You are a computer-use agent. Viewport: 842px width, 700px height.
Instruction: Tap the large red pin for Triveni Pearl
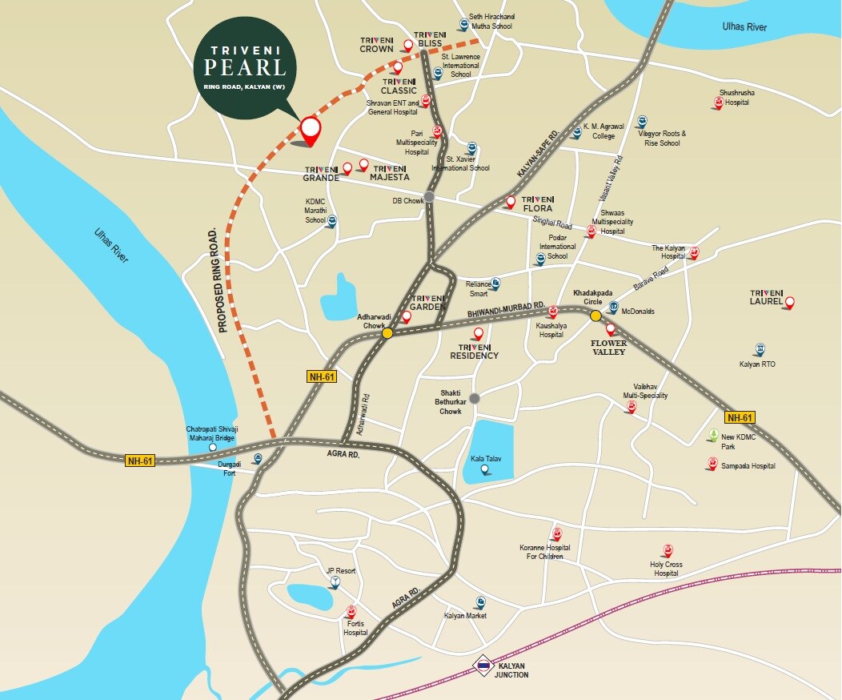tap(310, 130)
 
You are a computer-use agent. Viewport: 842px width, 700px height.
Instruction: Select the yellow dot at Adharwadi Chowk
tap(387, 333)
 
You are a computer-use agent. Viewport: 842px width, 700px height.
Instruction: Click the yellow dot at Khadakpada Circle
tap(595, 316)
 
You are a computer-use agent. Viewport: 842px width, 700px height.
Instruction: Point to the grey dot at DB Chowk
tap(429, 196)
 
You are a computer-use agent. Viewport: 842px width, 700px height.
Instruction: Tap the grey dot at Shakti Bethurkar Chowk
tap(475, 398)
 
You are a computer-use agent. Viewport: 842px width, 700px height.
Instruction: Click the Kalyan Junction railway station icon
tap(483, 665)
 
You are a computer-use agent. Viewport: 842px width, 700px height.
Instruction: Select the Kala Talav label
tap(483, 459)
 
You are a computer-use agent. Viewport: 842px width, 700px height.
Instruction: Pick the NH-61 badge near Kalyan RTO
tap(740, 417)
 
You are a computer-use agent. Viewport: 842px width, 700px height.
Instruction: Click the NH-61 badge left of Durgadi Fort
tap(140, 461)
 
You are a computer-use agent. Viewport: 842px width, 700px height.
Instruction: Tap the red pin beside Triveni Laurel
tap(790, 302)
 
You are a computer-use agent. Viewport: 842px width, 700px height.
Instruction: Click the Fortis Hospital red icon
tap(351, 613)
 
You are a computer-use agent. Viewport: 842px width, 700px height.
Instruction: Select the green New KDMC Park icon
tap(712, 436)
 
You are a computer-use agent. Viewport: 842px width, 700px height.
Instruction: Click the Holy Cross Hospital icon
tap(667, 550)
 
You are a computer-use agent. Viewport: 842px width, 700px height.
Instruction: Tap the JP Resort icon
tap(334, 583)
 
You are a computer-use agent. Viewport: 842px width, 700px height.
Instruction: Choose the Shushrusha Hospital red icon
tap(718, 103)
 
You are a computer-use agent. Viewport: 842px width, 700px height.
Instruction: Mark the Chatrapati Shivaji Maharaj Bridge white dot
tap(212, 447)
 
